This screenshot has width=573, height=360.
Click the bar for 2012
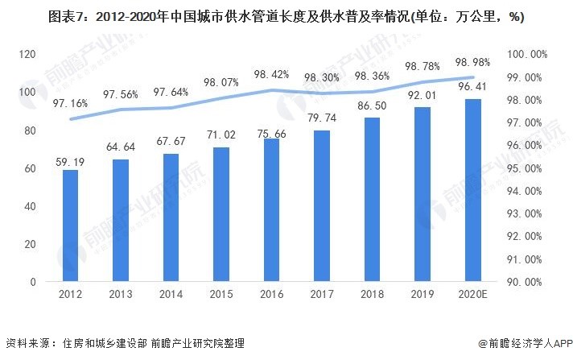click(71, 226)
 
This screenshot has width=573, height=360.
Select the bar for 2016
click(271, 210)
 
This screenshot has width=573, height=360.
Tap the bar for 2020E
click(472, 191)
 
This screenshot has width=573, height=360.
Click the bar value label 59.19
click(71, 161)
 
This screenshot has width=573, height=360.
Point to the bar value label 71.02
click(221, 139)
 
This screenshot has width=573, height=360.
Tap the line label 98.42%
click(271, 74)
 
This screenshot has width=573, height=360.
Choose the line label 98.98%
click(472, 61)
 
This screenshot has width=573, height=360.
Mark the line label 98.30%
click(322, 78)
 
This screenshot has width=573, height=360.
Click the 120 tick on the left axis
click(29, 54)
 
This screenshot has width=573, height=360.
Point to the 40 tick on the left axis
click(31, 206)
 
